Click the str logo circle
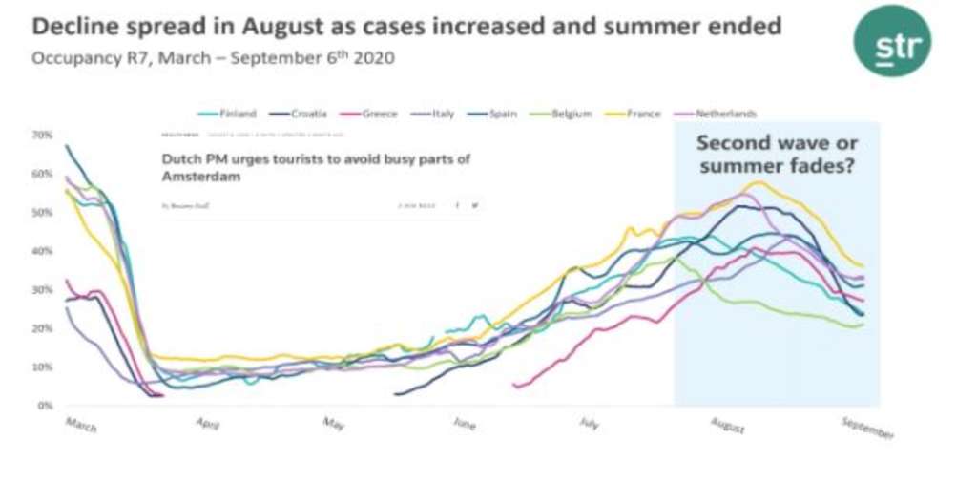point(891,41)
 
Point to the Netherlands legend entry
point(715,114)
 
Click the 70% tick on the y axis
point(42,135)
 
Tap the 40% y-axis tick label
point(42,251)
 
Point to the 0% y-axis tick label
point(44,405)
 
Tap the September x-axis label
point(868,428)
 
